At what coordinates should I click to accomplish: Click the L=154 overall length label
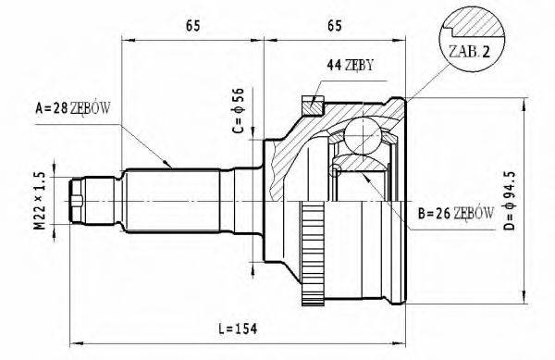pyautogui.click(x=238, y=329)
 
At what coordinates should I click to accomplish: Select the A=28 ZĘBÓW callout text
pyautogui.click(x=73, y=108)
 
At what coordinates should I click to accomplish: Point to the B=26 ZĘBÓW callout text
pyautogui.click(x=456, y=213)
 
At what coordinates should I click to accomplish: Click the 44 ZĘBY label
pyautogui.click(x=350, y=65)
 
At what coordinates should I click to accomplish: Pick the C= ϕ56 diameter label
pyautogui.click(x=239, y=110)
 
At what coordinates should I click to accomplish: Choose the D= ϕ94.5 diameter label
pyautogui.click(x=510, y=200)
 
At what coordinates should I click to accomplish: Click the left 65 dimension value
pyautogui.click(x=193, y=26)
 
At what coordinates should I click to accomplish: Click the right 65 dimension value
pyautogui.click(x=335, y=26)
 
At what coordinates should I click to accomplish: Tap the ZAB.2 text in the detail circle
pyautogui.click(x=469, y=52)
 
